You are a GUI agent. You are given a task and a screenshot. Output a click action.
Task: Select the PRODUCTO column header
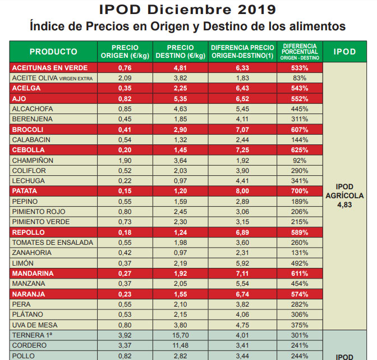click(53, 52)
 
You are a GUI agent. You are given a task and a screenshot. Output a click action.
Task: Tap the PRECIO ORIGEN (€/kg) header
click(125, 52)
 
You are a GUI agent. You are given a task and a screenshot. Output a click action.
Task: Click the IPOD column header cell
click(344, 52)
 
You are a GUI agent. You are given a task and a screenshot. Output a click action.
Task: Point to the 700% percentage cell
click(300, 190)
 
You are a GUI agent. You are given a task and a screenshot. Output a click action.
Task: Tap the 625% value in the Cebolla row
click(300, 150)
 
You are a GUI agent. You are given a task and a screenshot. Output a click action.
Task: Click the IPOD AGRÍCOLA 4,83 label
click(344, 196)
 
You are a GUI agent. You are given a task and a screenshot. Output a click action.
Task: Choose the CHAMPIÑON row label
click(32, 160)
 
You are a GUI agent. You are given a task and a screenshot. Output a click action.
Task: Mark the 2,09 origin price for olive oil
click(125, 78)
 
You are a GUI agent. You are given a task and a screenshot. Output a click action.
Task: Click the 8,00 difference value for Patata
click(242, 190)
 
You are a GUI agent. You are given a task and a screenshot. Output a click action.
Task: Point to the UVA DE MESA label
click(33, 324)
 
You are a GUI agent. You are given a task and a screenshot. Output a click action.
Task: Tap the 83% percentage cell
click(300, 78)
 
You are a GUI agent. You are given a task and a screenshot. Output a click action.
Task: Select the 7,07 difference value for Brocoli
click(242, 129)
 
